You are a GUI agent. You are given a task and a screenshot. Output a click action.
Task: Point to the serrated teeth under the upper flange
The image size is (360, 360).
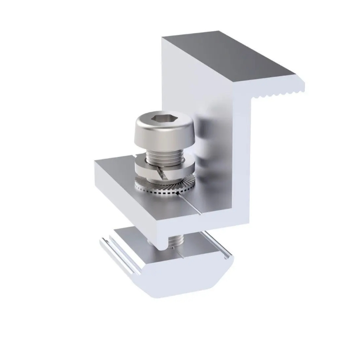point(279,93)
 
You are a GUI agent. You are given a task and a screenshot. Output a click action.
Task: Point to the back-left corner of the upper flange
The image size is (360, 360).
point(163,38)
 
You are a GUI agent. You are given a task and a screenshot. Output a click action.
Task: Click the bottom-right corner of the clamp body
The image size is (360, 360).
point(248,223)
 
